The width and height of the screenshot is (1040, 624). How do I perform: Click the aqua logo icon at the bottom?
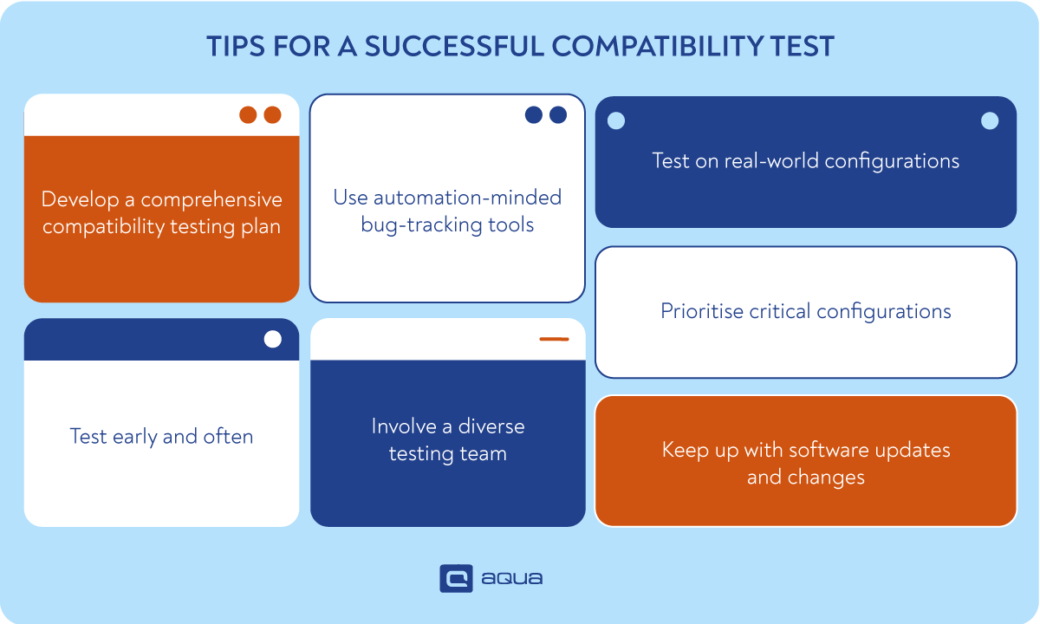456,578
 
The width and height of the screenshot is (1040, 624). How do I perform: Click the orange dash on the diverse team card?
554,339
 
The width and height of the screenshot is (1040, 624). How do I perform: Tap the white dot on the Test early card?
273,339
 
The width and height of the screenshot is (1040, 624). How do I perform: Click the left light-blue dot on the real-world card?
615,121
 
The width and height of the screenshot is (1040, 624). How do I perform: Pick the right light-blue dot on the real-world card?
990,121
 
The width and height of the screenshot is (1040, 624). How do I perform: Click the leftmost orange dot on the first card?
248,115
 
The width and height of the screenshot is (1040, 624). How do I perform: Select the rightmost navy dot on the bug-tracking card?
558,115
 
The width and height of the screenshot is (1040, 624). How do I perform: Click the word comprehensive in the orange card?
211,200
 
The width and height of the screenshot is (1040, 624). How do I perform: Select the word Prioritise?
701,311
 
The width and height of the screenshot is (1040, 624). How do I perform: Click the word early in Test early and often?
134,436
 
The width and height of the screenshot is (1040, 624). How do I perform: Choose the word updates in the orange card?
911,450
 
